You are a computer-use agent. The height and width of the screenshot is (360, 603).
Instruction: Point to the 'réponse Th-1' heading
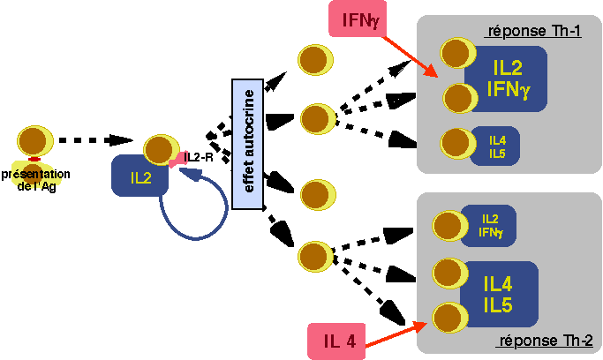(x=532, y=33)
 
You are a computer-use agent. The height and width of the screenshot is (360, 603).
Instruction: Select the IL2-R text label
(x=200, y=157)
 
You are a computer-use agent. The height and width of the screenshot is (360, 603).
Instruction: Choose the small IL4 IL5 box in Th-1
(x=496, y=146)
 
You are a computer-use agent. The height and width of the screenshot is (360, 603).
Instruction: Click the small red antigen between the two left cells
(x=34, y=159)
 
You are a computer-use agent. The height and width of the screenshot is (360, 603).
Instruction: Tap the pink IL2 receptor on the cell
(x=179, y=160)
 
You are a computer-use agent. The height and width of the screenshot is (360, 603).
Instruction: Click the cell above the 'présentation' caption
(x=34, y=140)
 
